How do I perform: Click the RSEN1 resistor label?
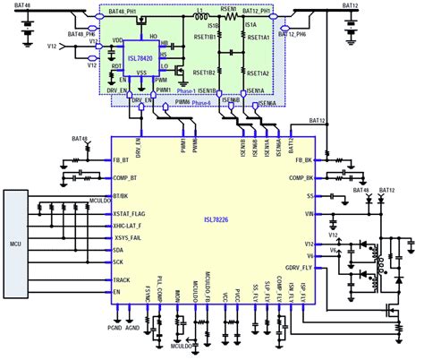pyautogui.click(x=229, y=8)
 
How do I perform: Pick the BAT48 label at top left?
pyautogui.click(x=17, y=5)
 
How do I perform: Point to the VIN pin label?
pyautogui.click(x=306, y=214)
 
